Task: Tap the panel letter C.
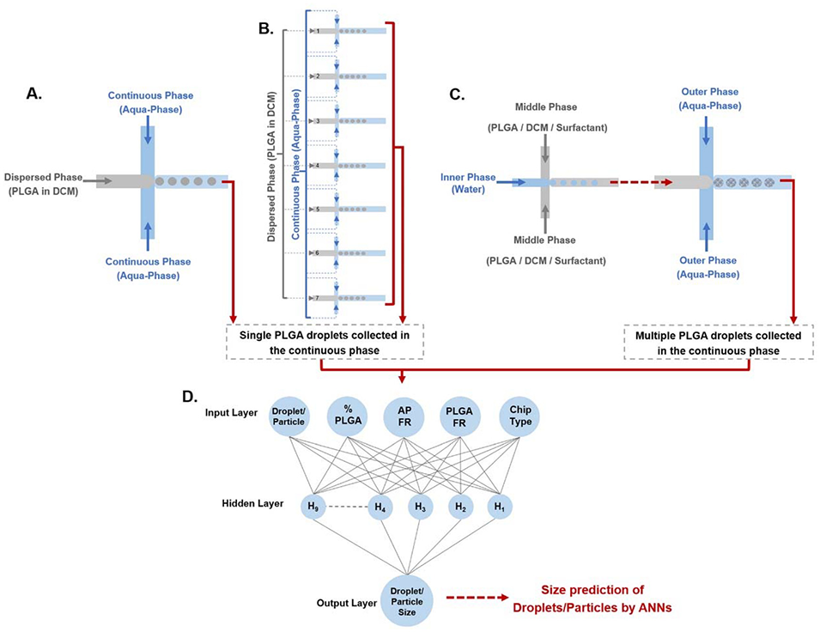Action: [458, 94]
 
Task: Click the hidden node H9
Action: [313, 507]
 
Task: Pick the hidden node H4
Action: [379, 507]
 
